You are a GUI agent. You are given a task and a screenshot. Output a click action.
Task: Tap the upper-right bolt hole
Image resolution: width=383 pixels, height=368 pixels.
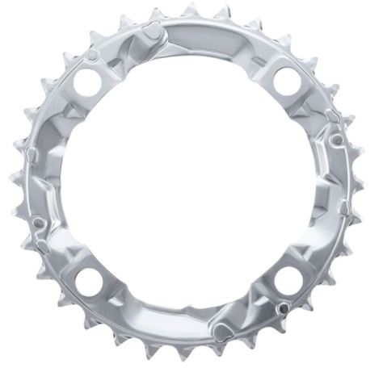pos(287,81)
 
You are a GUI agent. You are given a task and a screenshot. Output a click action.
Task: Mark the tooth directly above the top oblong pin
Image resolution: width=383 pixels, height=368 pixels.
pos(154,14)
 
